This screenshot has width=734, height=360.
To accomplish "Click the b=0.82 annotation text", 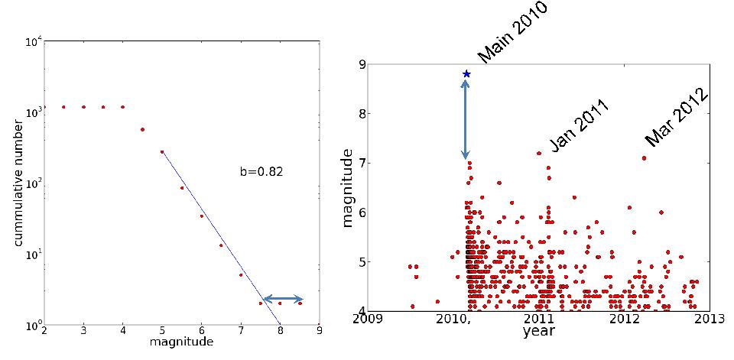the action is tap(261, 172).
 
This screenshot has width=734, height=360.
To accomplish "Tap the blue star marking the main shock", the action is tap(466, 74).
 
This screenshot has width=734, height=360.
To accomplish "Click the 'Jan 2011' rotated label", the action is tap(579, 126).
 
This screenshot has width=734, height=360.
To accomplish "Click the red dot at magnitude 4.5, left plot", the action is tap(142, 129).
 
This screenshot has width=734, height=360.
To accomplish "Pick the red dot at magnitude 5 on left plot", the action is tap(162, 151).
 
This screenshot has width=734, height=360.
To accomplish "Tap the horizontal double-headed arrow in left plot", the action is tap(283, 299).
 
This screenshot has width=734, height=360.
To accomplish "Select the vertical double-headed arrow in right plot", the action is tap(466, 119).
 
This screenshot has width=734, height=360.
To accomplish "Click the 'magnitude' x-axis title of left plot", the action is tap(182, 342).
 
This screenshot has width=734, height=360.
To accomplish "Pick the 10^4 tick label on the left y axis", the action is tap(31, 41).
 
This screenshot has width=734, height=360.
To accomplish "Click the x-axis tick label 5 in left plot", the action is tap(162, 331).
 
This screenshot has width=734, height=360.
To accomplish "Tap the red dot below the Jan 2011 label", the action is tap(539, 153).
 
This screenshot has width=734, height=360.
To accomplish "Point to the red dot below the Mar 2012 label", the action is tap(644, 158).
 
